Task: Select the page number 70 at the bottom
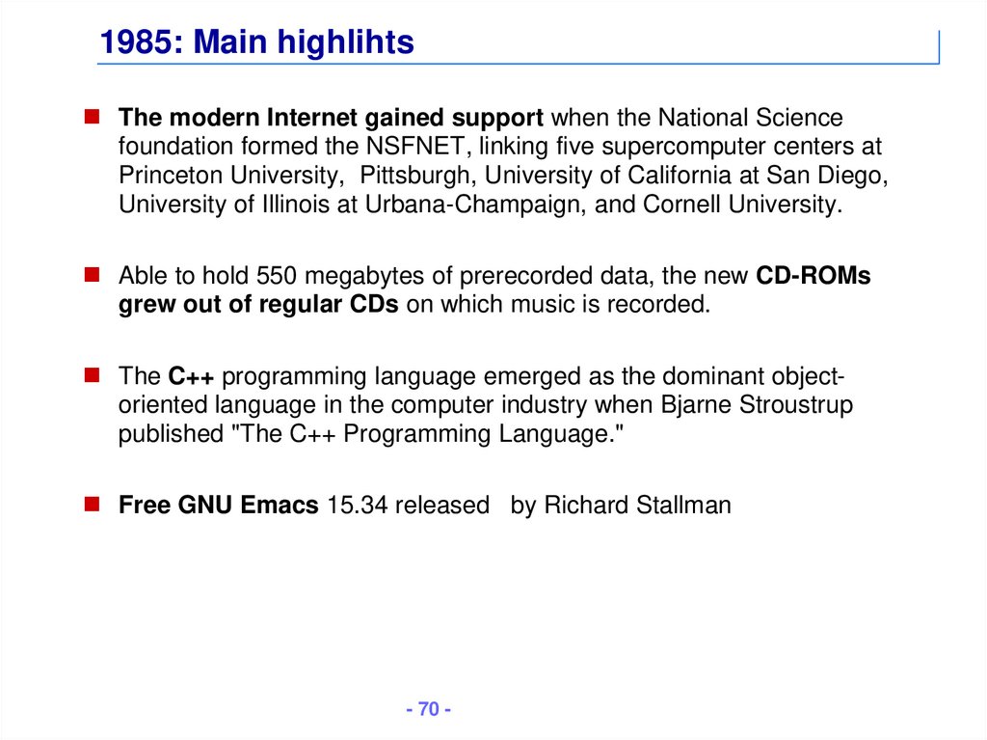coord(429,709)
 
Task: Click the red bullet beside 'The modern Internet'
coord(92,118)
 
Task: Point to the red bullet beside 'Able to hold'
coord(92,275)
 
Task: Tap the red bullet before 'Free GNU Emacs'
coord(92,504)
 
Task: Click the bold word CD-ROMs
coord(814,276)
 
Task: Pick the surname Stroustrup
coord(795,405)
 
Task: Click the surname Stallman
coord(685,505)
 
